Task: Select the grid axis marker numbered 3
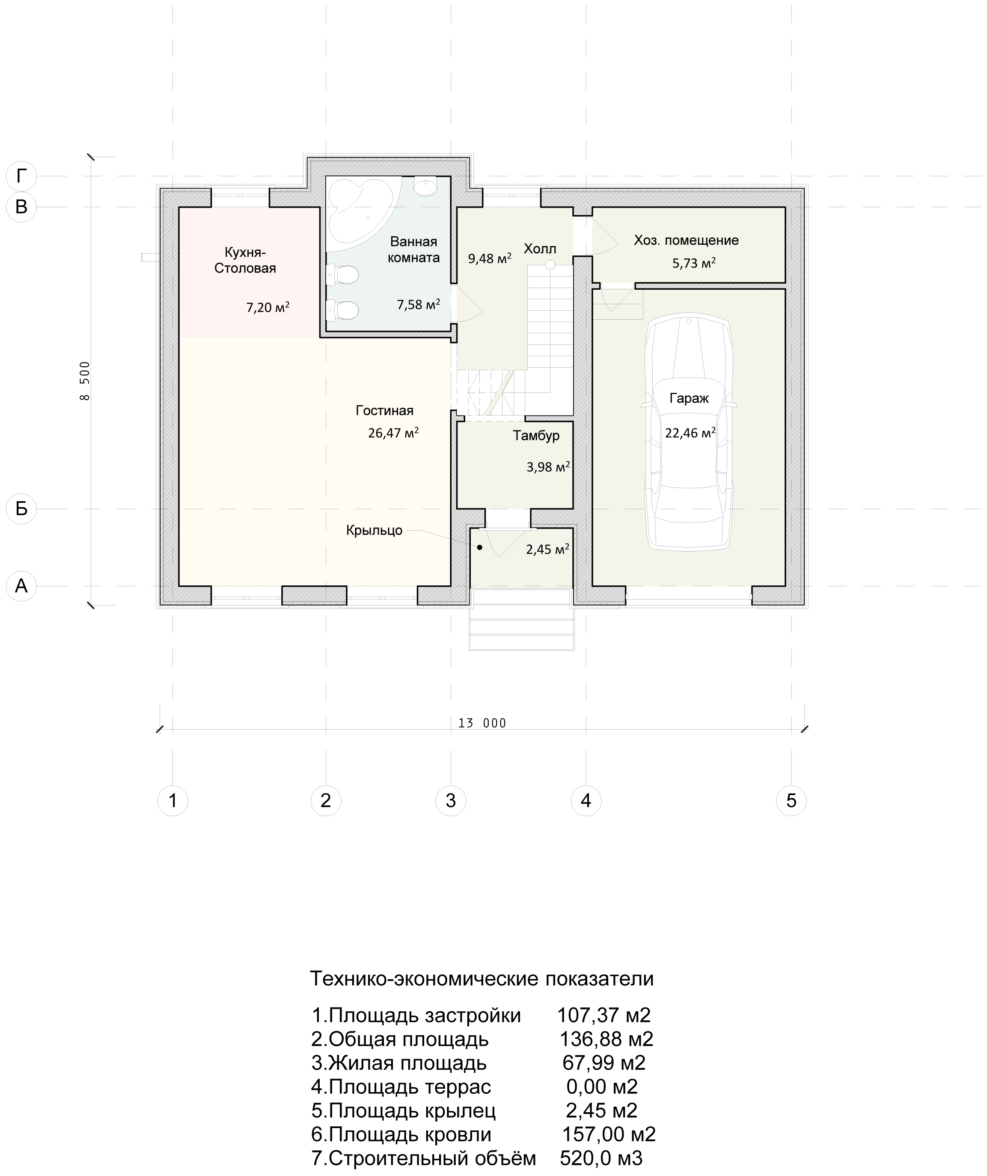[x=451, y=800]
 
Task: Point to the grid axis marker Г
[x=21, y=176]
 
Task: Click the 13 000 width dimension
[x=482, y=723]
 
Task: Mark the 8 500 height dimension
[x=85, y=381]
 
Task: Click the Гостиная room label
[x=384, y=410]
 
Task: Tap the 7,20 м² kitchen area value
[x=268, y=307]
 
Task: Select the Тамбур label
[x=536, y=436]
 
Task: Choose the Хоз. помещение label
[x=686, y=240]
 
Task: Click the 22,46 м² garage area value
[x=690, y=432]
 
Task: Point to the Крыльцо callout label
[x=374, y=530]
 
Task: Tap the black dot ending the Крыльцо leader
[x=479, y=547]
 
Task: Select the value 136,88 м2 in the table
[x=606, y=1039]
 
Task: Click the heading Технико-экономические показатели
[x=482, y=978]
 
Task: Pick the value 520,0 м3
[x=601, y=1158]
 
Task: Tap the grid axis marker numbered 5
[x=791, y=800]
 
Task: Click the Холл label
[x=540, y=249]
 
